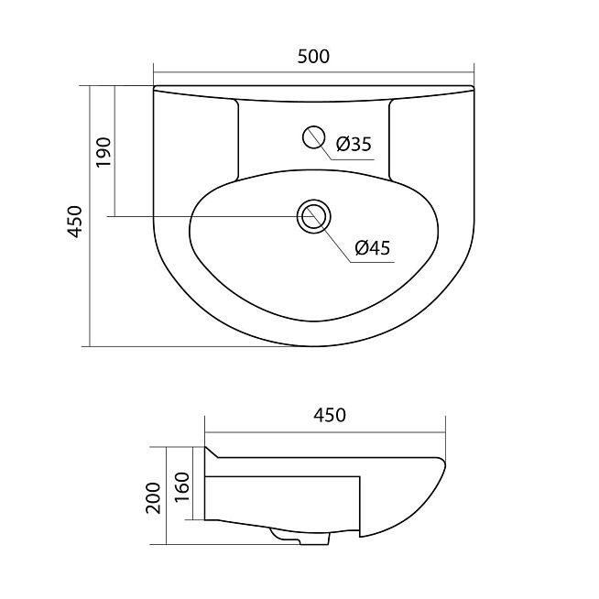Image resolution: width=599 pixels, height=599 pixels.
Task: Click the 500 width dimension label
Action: tap(313, 57)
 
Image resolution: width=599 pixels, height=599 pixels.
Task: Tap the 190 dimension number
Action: tap(103, 152)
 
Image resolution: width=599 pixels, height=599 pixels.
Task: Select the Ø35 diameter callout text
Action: tap(354, 144)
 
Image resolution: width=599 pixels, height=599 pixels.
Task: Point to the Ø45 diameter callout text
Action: tap(373, 248)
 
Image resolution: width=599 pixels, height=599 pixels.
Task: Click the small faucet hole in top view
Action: tap(313, 137)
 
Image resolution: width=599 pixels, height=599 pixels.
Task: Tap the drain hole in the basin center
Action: tap(313, 216)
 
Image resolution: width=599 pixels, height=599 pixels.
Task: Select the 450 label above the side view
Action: tap(330, 415)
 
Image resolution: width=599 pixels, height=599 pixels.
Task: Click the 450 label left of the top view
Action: tap(75, 222)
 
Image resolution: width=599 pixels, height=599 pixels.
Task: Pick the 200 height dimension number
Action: tap(154, 497)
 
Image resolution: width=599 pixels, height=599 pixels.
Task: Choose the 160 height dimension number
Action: tap(182, 487)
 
